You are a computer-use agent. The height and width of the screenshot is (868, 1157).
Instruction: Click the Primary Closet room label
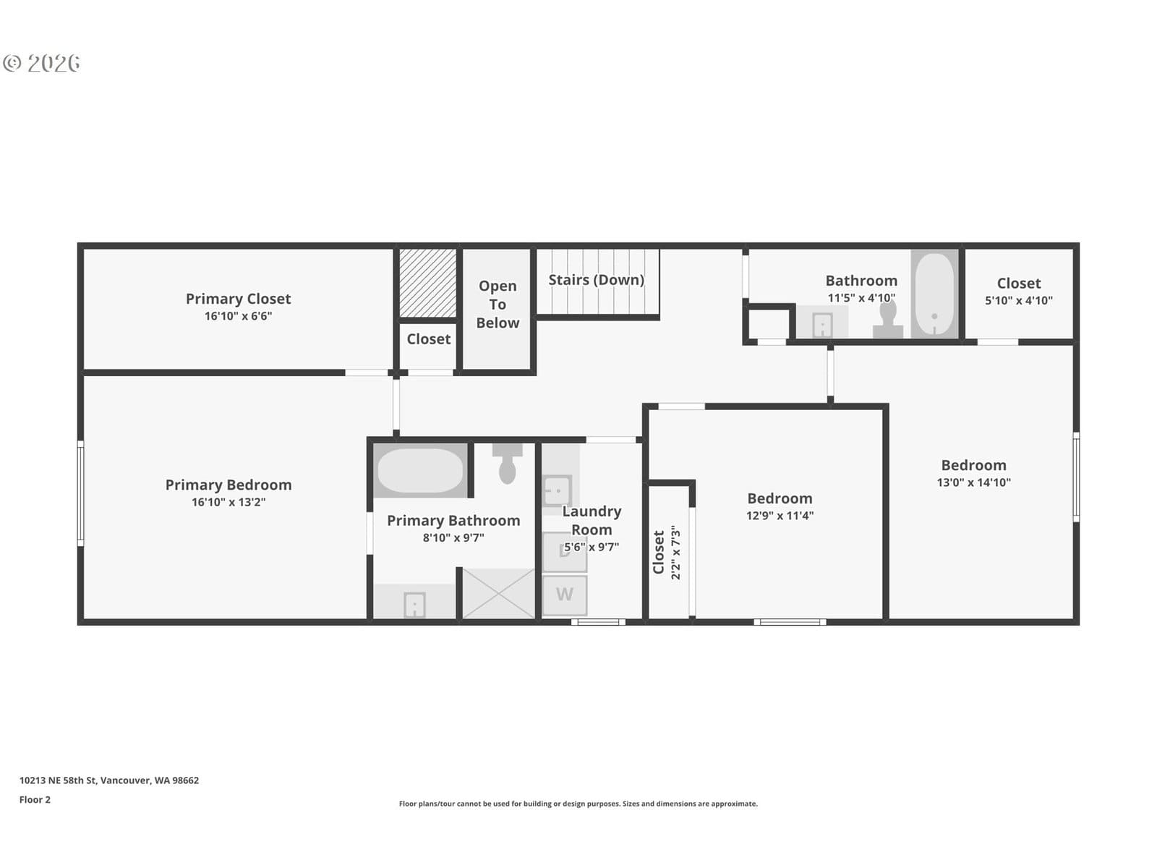(x=238, y=299)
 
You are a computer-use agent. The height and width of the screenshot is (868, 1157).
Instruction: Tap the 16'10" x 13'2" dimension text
(x=229, y=502)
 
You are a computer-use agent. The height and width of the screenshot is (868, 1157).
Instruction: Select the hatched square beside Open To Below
(x=427, y=283)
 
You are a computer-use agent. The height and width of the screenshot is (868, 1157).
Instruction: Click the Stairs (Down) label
(x=596, y=280)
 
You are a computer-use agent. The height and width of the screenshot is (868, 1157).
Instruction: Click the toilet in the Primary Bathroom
(x=507, y=463)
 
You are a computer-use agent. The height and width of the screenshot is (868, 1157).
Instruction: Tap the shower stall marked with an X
(x=498, y=593)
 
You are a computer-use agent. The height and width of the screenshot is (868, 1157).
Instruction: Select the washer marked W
(x=565, y=595)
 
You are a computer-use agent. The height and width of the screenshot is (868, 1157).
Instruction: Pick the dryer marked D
(x=565, y=552)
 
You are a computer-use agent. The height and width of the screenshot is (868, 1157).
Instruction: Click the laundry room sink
(x=557, y=490)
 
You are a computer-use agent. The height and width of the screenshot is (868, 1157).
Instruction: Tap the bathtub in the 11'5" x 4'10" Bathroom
(x=934, y=294)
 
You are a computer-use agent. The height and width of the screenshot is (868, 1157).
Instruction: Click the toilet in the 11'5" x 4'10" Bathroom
(x=888, y=320)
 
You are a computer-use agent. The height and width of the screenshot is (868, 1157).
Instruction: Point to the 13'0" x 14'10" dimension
(x=973, y=482)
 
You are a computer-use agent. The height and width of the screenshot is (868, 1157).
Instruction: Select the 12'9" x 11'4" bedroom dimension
(x=780, y=516)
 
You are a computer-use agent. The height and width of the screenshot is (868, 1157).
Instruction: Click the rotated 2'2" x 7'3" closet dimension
(x=675, y=552)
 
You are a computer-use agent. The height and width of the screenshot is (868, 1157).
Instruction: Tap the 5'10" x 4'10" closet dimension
(x=1018, y=300)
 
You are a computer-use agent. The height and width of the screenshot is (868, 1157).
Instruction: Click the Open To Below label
(x=498, y=304)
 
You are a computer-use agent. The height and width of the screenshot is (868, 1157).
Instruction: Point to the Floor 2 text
(x=35, y=799)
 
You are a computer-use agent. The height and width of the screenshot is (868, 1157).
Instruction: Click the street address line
(x=109, y=780)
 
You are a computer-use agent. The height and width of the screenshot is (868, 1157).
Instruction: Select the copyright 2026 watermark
(x=41, y=63)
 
